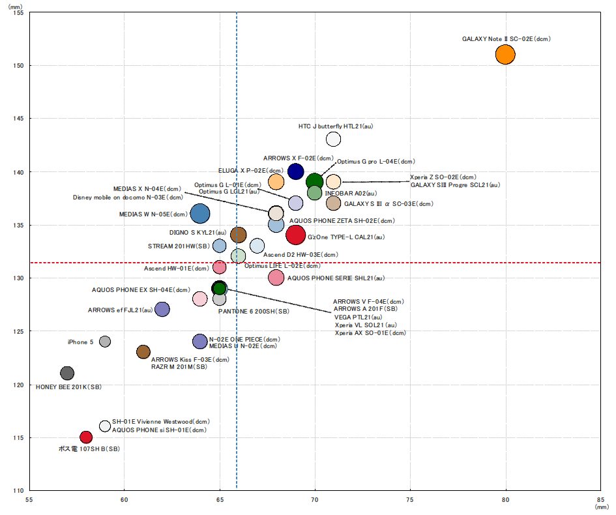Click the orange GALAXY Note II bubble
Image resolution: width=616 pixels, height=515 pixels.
[505, 54]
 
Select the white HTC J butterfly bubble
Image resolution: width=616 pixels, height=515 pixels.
[334, 138]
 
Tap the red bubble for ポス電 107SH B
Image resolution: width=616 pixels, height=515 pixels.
[86, 437]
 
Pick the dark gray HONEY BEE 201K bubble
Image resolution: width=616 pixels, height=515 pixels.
[67, 374]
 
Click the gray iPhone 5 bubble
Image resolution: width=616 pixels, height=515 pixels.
[105, 342]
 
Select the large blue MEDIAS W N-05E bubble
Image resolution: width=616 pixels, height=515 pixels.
[200, 213]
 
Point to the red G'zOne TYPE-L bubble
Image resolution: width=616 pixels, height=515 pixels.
[296, 234]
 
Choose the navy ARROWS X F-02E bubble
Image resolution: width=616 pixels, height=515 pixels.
[295, 171]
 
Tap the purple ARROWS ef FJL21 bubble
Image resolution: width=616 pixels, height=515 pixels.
[162, 309]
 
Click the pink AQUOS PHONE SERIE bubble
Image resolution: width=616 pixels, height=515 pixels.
[276, 277]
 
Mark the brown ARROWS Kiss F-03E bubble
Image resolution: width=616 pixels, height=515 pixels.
[143, 352]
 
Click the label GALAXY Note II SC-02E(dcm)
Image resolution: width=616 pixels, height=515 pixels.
[506, 39]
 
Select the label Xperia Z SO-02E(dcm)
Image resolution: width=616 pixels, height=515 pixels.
[443, 177]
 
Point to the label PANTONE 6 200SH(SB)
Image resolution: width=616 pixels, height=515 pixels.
[253, 312]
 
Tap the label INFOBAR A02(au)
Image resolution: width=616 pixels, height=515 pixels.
[351, 194]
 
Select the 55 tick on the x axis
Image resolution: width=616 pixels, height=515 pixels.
[29, 500]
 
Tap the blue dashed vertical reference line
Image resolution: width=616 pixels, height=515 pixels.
[237, 391]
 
